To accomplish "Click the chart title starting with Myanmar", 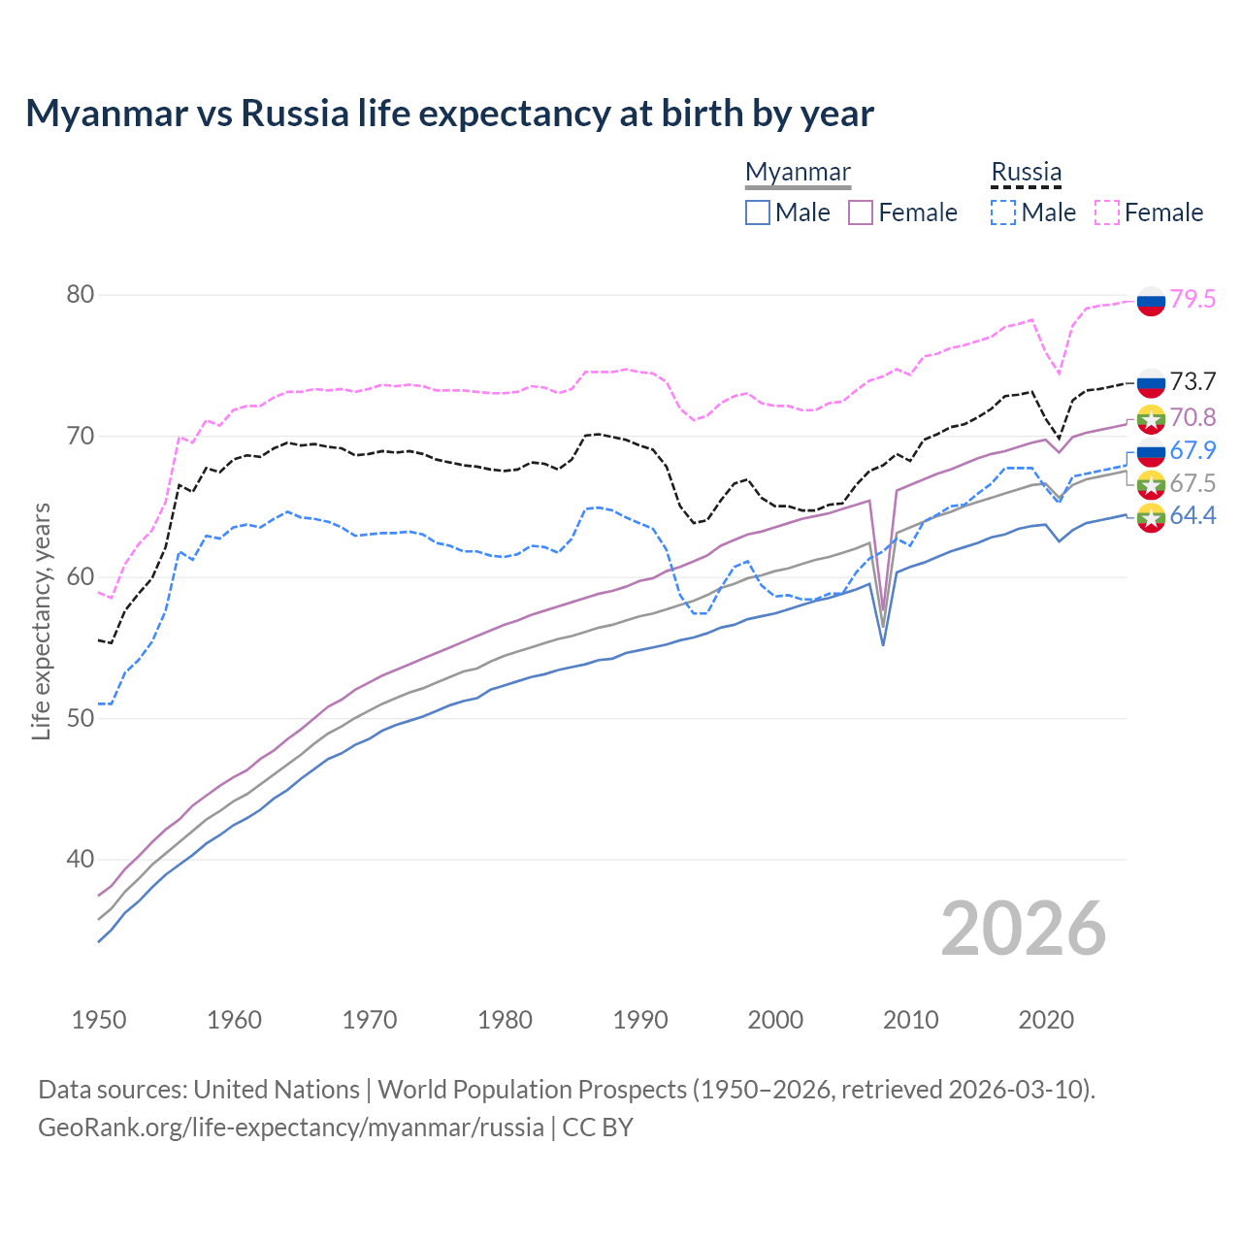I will pos(449,114).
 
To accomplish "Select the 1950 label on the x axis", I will pos(99,1020).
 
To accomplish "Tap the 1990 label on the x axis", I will pos(640,1020).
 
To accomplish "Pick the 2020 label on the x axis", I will pos(1046,1020).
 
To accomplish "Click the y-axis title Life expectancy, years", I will pos(41,621).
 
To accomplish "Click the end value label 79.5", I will pos(1193,299).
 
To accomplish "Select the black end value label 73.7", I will pos(1193,381).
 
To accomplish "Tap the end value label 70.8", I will pos(1193,417).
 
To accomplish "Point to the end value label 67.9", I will pos(1193,450).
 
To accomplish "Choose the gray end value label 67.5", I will pos(1193,483).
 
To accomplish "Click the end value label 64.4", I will pos(1193,516).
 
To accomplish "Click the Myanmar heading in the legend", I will pos(798,172).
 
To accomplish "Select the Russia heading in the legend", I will pos(1026,172).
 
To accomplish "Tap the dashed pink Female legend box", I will pos(1107,212).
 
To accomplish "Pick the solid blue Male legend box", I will pos(758,212).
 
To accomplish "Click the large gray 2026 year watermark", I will pos(1023,929).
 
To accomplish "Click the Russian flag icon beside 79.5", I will pos(1151,301).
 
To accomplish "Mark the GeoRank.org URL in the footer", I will pos(291,1128).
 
